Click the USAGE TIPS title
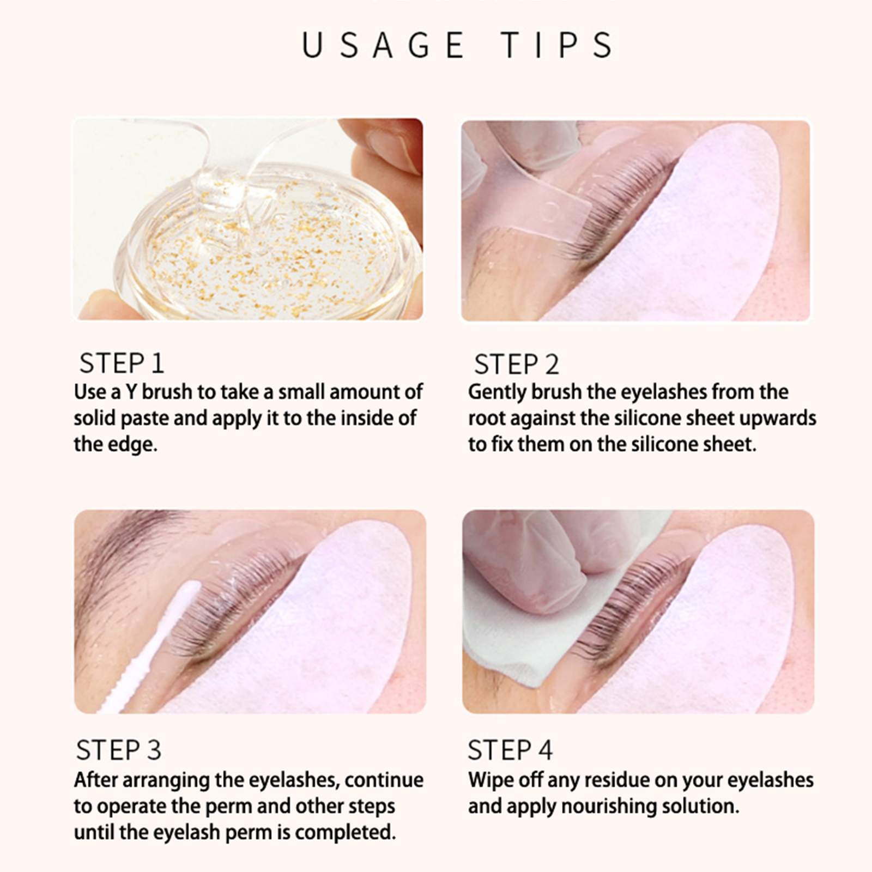[x=458, y=45]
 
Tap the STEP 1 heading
[x=122, y=364]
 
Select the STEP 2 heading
[x=516, y=365]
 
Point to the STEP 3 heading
[x=119, y=750]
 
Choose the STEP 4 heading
[x=510, y=750]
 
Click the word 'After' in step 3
[x=95, y=780]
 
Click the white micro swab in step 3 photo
[x=149, y=649]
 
